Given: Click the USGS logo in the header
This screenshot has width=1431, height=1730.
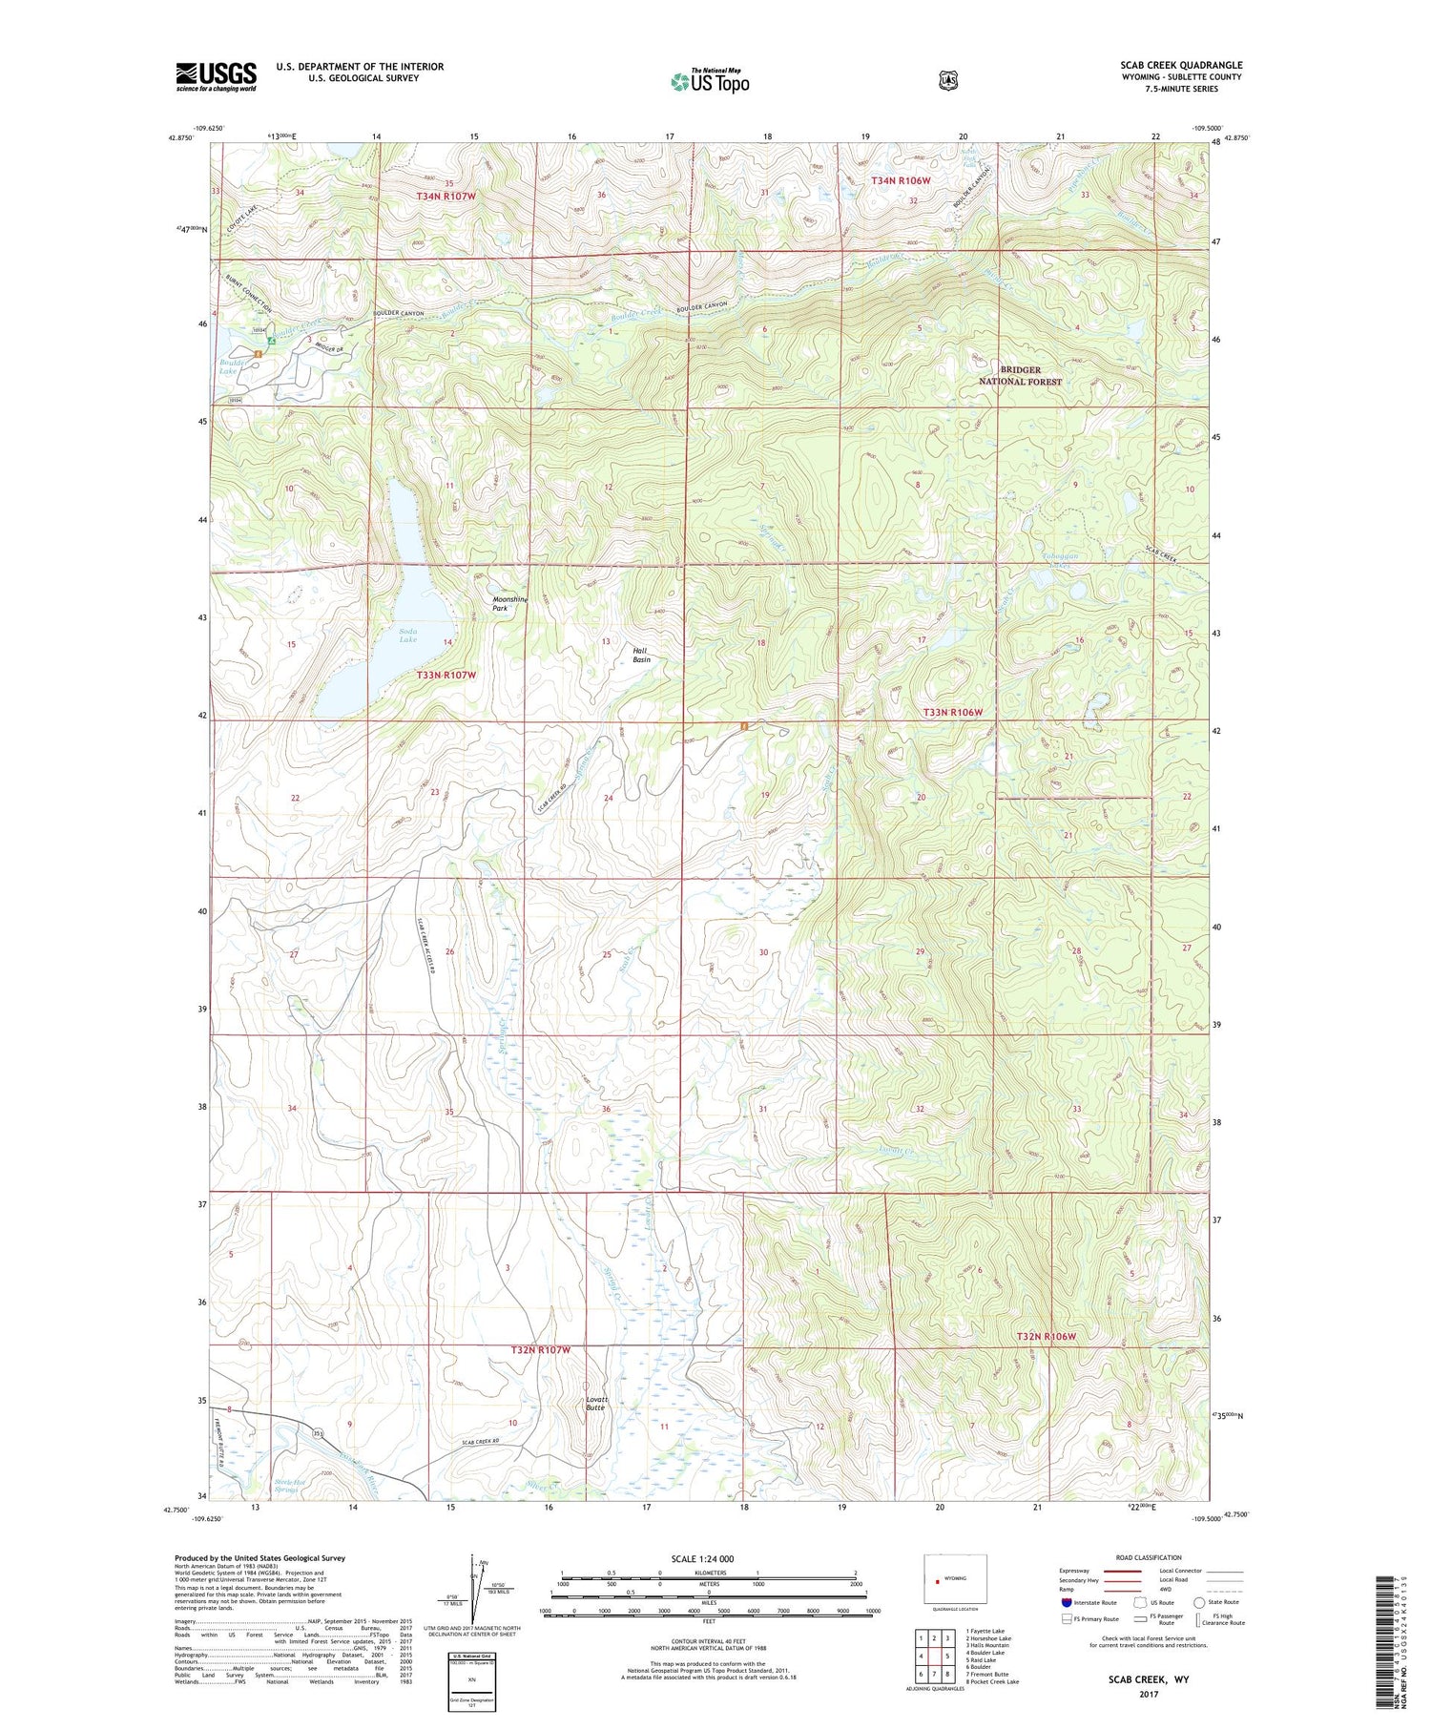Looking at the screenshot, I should (x=216, y=76).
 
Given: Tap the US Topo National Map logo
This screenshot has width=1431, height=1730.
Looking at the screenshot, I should (x=710, y=81).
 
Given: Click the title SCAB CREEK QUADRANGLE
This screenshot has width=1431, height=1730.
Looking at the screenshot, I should (x=1181, y=65).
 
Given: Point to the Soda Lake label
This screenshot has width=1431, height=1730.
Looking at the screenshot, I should (x=407, y=635).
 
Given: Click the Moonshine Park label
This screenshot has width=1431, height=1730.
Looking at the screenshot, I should (x=508, y=603).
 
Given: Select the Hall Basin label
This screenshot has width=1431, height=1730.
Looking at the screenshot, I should (x=641, y=655).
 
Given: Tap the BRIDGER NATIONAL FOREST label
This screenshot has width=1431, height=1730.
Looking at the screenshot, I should (x=1020, y=375).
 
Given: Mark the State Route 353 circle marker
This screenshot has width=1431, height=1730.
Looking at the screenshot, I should (x=319, y=1433).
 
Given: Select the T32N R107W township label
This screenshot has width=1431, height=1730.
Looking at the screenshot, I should (x=540, y=1349).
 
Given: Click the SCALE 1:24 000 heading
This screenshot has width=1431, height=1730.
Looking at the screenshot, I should (x=703, y=1558).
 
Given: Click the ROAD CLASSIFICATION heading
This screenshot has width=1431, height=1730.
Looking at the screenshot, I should (x=1141, y=1557).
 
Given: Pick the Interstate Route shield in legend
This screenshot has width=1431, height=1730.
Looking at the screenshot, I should (x=1066, y=1602).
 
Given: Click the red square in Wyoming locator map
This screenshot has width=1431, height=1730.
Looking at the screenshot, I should (x=938, y=1579).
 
